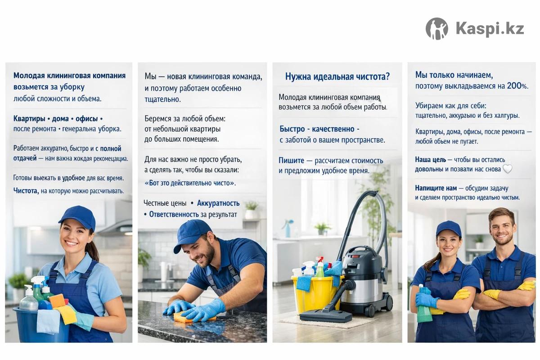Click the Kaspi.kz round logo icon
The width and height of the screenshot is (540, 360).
coord(437,29)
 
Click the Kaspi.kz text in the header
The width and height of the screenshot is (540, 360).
coord(490,29)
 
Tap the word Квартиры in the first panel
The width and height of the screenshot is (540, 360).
coord(29,119)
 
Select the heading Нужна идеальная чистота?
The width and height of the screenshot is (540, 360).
coord(337,76)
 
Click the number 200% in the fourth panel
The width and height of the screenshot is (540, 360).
coord(517,86)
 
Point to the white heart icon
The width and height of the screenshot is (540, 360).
coord(507,169)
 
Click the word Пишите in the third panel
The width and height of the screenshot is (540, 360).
coord(291,160)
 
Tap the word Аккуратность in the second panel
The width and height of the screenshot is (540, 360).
coord(218,203)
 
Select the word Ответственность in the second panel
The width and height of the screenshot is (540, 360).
coord(174,214)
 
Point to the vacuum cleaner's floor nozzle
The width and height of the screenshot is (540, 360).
coord(323,315)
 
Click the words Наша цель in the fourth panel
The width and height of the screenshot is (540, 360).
coord(430,159)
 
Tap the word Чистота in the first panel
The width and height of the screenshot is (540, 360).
coord(26,191)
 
